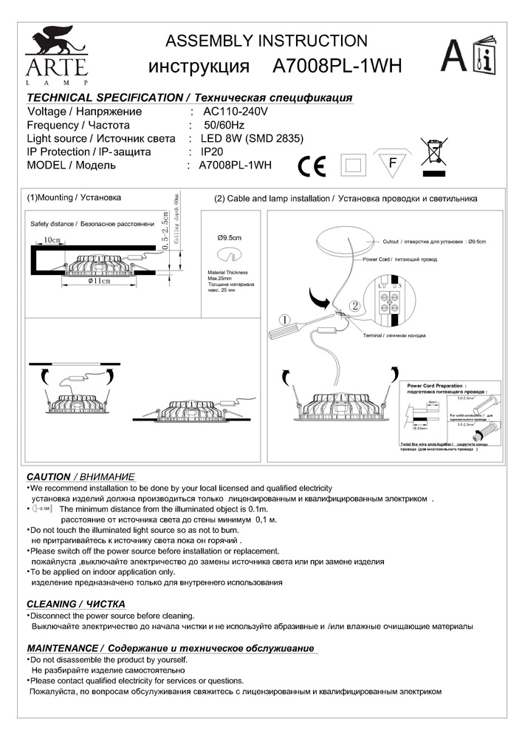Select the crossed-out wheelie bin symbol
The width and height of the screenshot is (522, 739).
[435, 153]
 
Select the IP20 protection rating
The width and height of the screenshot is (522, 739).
[213, 152]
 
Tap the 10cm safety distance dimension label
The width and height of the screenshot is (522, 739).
[52, 240]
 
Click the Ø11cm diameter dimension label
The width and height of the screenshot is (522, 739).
[98, 282]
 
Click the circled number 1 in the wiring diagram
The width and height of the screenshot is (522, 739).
[284, 319]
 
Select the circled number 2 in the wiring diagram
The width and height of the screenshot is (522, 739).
[354, 304]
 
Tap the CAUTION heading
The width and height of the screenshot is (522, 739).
[49, 476]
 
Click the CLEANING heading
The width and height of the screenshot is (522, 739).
[52, 604]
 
